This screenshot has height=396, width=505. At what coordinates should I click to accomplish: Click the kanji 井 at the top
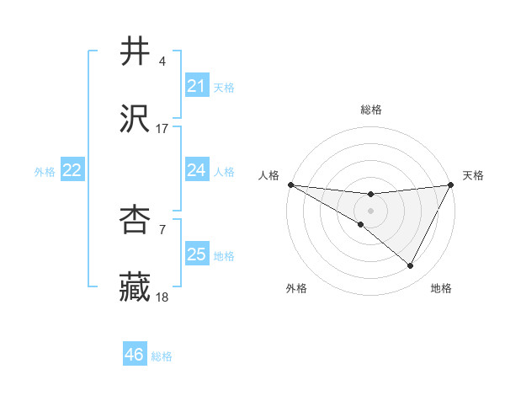(136, 51)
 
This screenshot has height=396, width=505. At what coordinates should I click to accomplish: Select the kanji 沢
(136, 119)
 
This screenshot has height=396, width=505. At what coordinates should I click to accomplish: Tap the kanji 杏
(136, 220)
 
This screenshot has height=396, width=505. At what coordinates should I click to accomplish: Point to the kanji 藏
(136, 287)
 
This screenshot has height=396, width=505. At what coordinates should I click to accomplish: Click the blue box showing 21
(196, 86)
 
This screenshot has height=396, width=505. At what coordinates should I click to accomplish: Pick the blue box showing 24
(196, 170)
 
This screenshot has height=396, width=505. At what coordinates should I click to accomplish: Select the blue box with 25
(196, 254)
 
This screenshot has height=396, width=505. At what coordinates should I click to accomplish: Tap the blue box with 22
(72, 170)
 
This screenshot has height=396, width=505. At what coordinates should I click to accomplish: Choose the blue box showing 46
(134, 355)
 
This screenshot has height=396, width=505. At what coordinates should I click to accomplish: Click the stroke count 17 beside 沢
(162, 128)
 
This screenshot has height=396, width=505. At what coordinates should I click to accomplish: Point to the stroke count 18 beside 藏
(162, 297)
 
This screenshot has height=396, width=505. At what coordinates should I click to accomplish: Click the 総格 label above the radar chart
(371, 110)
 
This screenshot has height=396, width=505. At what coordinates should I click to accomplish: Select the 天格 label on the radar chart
(473, 175)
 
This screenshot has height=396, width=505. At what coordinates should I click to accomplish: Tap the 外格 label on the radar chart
(296, 288)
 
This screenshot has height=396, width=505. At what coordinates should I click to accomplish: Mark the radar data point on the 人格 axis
(290, 184)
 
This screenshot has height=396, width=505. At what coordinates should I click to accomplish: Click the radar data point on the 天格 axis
(451, 184)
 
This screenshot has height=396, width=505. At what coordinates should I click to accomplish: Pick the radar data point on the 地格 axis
(411, 266)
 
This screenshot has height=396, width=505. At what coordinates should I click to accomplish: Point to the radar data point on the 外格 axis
(361, 224)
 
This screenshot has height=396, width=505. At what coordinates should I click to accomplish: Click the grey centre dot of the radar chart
(370, 210)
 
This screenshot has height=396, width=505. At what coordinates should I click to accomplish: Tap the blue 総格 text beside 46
(162, 356)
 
